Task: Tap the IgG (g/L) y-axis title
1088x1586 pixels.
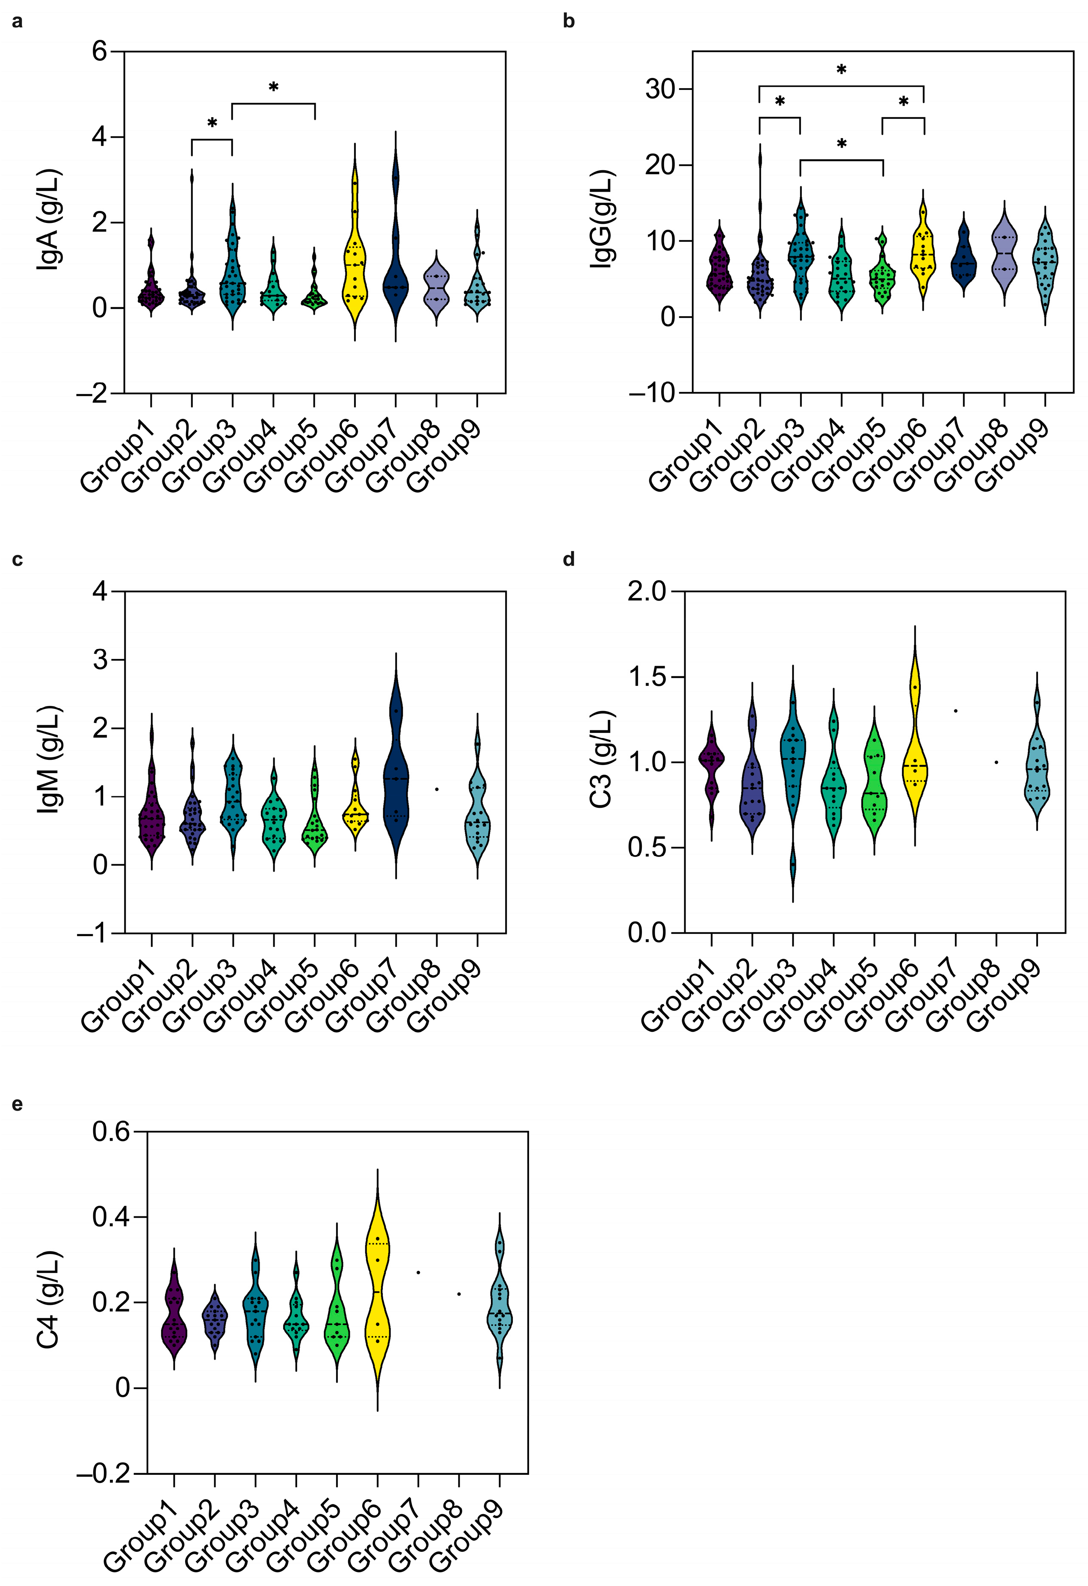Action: pyautogui.click(x=601, y=218)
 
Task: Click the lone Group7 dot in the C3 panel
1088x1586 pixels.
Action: pyautogui.click(x=956, y=711)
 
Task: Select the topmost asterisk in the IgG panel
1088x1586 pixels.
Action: pyautogui.click(x=842, y=69)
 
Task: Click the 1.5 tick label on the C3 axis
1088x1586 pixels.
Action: pyautogui.click(x=648, y=676)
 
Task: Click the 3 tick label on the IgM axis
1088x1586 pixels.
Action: pyautogui.click(x=100, y=659)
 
